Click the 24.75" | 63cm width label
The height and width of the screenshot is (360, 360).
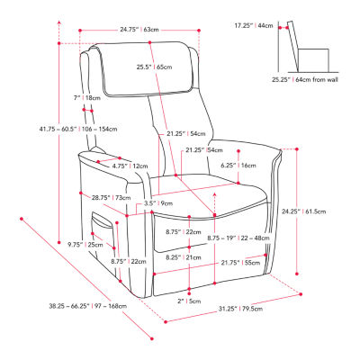[143, 29]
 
